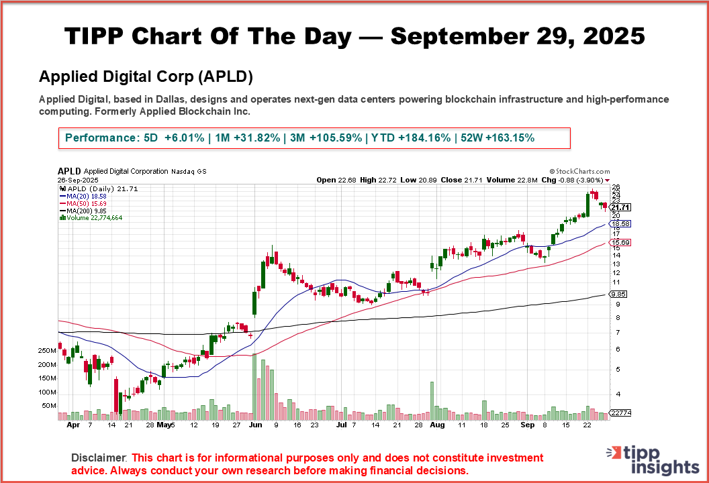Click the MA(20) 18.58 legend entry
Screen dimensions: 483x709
click(x=82, y=196)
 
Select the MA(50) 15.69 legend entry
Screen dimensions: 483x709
click(x=82, y=203)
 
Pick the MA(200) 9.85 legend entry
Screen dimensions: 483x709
click(x=82, y=211)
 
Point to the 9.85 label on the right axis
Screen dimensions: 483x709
click(x=618, y=294)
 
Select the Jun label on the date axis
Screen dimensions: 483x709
click(x=254, y=425)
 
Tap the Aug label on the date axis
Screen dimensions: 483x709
click(x=437, y=425)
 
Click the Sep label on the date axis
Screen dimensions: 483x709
click(x=527, y=425)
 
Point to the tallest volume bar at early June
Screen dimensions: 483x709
click(x=254, y=386)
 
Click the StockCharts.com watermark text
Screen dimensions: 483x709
click(x=579, y=172)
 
